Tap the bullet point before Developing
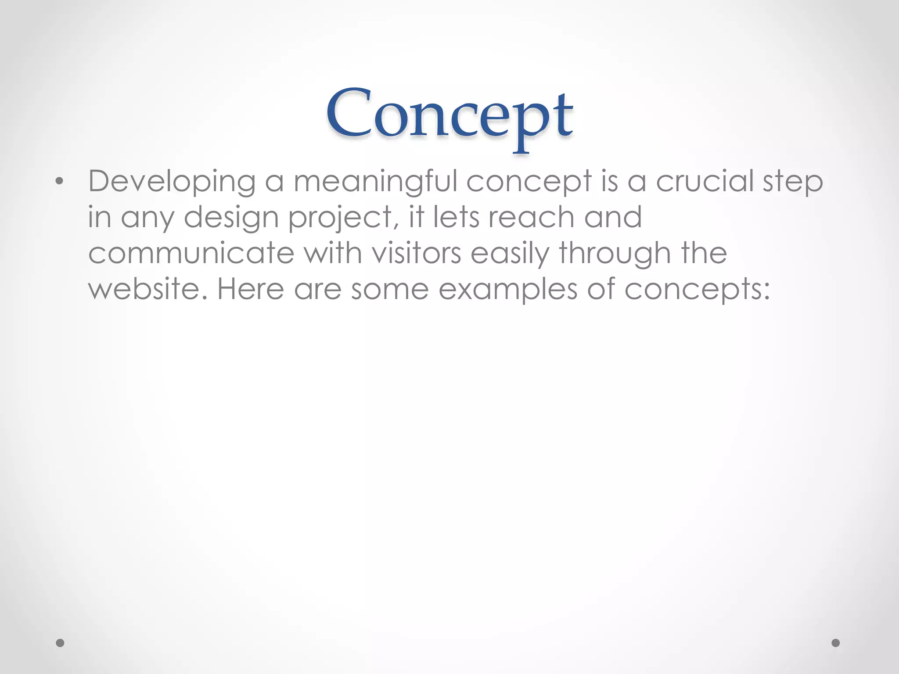(60, 181)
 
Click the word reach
(531, 217)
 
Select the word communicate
(191, 253)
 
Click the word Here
(250, 289)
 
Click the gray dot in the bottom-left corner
(60, 643)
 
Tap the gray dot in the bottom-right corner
(836, 643)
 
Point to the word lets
(456, 217)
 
